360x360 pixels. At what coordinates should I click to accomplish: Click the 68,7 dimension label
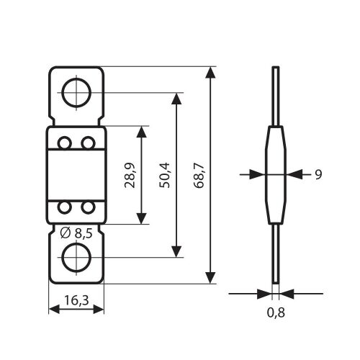coord(199,175)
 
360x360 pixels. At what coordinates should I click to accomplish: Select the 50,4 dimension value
coord(165,175)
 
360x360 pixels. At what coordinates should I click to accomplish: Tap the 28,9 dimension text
coord(130,175)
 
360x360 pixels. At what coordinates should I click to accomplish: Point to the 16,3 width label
coord(76,300)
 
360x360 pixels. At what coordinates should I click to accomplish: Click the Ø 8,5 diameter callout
coord(76,233)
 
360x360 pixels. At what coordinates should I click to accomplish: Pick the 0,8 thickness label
coord(276,312)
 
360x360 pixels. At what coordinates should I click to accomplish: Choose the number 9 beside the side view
coord(318,174)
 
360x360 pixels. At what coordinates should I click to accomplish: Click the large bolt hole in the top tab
coord(76,93)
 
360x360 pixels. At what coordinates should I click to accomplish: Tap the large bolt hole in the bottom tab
coord(76,258)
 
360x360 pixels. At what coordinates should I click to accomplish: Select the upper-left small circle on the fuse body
coord(65,143)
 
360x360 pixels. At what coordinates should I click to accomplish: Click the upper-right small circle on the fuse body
coord(88,143)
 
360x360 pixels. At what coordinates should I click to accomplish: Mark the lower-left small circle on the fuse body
coord(65,207)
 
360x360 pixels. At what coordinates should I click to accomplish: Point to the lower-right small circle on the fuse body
coord(88,207)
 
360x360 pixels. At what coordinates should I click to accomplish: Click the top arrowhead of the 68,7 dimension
coord(210,73)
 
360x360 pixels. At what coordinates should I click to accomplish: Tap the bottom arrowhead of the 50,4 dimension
coord(176,251)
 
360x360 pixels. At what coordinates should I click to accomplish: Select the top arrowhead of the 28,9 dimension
coord(141,132)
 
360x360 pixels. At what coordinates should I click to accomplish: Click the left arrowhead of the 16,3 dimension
coord(54,309)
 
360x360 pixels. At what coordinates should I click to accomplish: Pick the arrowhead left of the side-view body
coord(257,174)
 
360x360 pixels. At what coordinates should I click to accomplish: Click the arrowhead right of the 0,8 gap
coord(287,294)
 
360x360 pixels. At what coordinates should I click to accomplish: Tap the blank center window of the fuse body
coord(76,175)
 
